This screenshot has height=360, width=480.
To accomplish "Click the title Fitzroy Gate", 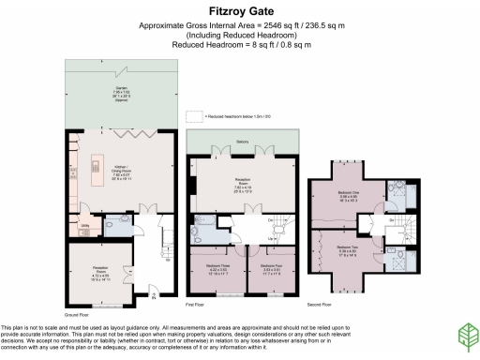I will click(x=239, y=13).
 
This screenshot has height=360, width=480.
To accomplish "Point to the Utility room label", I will click(x=84, y=226).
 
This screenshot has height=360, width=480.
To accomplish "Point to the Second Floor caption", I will click(x=321, y=306).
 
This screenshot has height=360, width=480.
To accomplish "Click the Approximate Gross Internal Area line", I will click(x=239, y=27).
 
